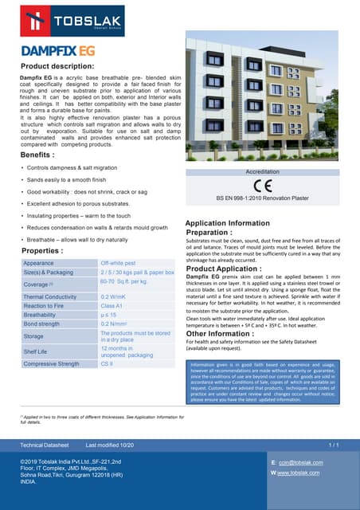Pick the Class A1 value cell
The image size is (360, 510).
coord(112,306)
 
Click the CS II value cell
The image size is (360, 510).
coord(107,364)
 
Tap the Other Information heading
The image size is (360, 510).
coord(225,334)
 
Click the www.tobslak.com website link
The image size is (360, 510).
coord(299,473)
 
